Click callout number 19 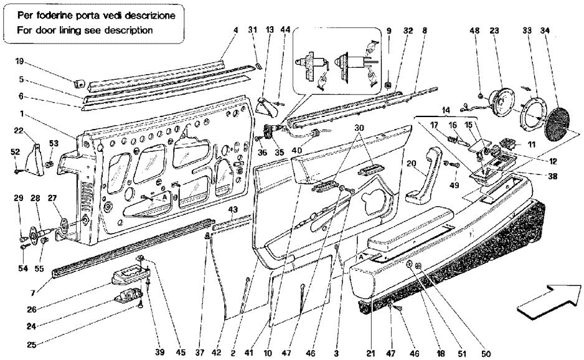(x=19, y=62)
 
